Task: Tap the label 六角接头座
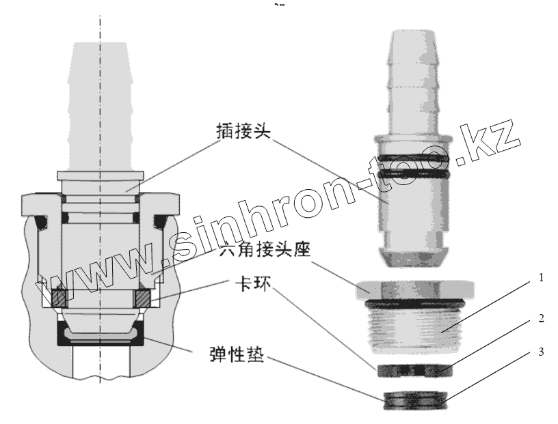coord(265,251)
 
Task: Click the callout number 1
coord(540,278)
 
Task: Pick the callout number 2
coord(540,319)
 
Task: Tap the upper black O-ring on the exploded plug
coord(416,158)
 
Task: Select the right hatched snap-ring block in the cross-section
coord(144,298)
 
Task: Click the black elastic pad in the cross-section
coord(101,337)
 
